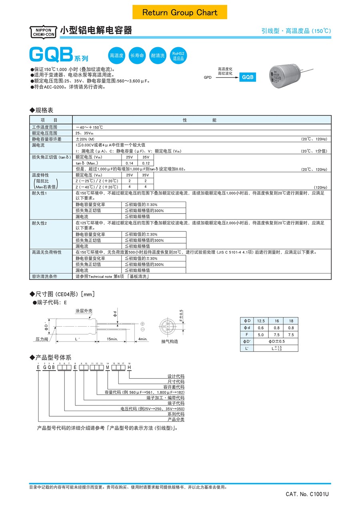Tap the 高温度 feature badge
[x=117, y=56]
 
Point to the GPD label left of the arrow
[x=208, y=78]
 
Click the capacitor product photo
[x=284, y=75]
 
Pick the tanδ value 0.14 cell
[x=130, y=163]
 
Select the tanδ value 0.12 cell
[x=145, y=163]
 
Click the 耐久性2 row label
[x=39, y=222]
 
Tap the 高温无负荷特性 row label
[x=47, y=252]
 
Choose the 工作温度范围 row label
[x=44, y=127]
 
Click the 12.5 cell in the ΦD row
[x=261, y=321]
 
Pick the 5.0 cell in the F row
[x=261, y=335]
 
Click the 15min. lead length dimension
[x=112, y=339]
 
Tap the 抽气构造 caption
[x=170, y=341]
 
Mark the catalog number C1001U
[x=307, y=494]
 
